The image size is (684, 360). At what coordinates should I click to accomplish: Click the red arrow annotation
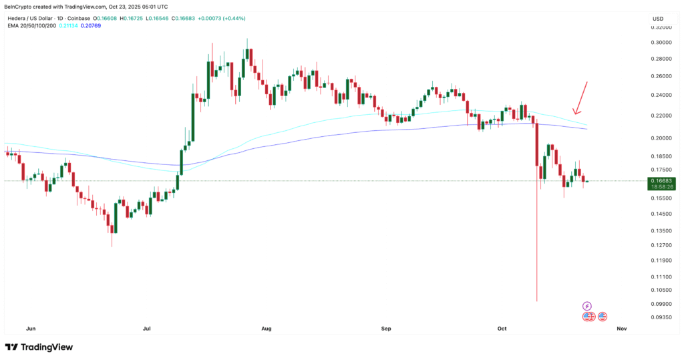click(580, 98)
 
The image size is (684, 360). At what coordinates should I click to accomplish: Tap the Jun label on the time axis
click(30, 329)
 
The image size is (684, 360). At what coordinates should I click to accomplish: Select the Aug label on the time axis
click(267, 329)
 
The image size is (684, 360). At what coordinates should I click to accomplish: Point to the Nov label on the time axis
click(622, 329)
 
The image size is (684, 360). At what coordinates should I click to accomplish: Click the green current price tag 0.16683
click(661, 181)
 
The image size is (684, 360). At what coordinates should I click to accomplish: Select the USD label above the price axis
click(657, 18)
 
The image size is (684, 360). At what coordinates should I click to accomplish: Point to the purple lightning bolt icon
click(587, 306)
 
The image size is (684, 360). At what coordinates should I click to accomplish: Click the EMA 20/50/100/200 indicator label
click(31, 26)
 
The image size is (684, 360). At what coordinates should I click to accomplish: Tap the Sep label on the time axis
click(385, 329)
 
